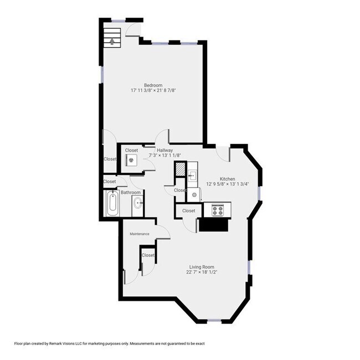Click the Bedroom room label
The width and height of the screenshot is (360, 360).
click(153, 85)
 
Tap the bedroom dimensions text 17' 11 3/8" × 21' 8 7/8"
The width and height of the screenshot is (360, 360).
click(153, 90)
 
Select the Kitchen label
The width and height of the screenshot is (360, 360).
click(227, 179)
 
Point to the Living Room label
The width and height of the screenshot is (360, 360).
click(202, 267)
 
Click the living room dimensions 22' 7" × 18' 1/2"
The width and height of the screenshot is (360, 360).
click(202, 272)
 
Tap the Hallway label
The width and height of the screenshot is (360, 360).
click(165, 151)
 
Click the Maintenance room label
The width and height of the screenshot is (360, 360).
click(140, 234)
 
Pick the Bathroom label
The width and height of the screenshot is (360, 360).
click(130, 192)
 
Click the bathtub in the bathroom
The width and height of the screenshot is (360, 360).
click(112, 203)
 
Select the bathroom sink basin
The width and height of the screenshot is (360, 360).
click(138, 203)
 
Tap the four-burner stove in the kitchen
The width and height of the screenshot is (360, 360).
click(218, 210)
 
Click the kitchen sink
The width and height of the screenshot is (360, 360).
click(192, 176)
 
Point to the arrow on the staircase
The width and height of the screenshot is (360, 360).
click(112, 42)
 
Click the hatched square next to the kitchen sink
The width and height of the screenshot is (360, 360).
click(180, 169)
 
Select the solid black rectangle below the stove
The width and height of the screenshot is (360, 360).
click(214, 225)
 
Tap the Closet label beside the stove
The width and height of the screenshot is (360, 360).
click(188, 210)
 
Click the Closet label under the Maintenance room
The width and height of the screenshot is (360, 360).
click(148, 255)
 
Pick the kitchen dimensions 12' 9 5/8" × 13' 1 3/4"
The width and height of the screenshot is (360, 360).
click(227, 184)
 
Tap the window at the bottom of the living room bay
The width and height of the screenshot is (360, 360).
click(214, 321)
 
